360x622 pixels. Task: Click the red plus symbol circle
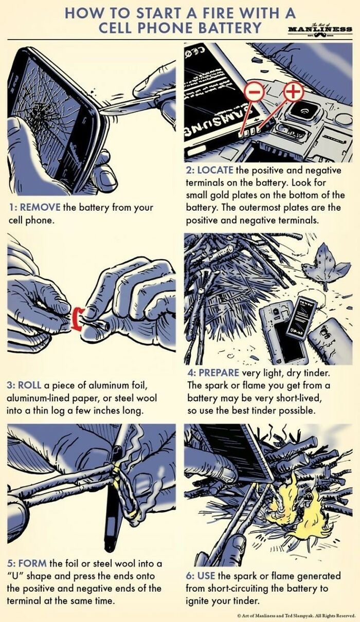point(293,92)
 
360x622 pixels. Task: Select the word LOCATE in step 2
point(214,170)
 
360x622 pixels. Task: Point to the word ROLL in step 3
point(30,385)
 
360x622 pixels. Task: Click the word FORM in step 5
point(31,564)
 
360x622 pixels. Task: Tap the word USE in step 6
point(207,576)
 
